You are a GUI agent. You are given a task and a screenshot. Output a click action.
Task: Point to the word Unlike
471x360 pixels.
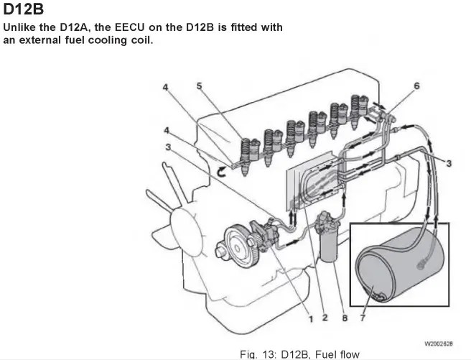click(x=22, y=27)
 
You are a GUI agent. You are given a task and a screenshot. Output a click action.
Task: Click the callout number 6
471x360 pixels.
click(x=416, y=86)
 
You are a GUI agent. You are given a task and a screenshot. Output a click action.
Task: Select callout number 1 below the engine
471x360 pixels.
click(x=310, y=317)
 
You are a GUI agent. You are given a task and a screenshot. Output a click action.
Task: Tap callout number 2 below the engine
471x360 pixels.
click(x=325, y=317)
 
